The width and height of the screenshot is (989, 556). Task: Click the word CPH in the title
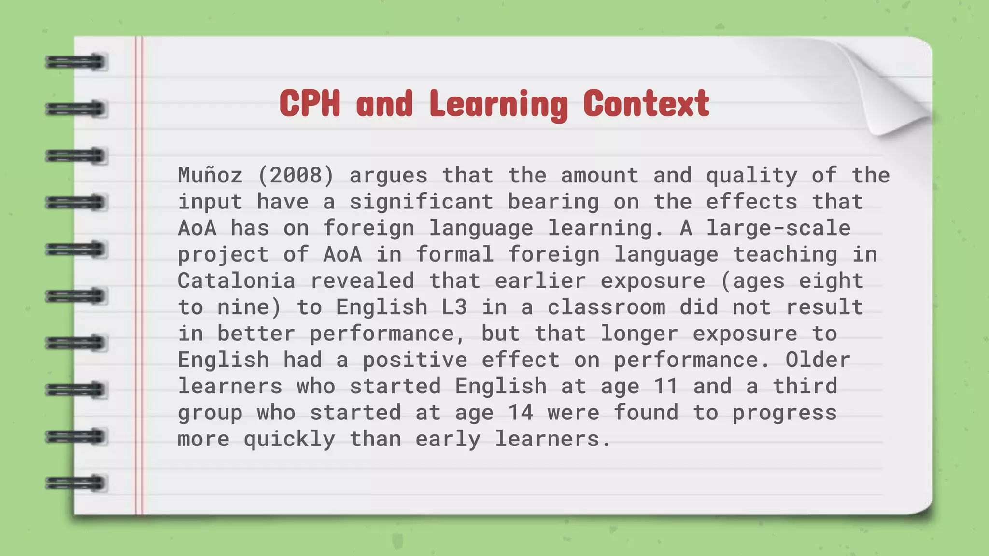(x=310, y=103)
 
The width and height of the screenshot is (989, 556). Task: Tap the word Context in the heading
(x=646, y=103)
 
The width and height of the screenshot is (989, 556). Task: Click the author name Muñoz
(x=210, y=175)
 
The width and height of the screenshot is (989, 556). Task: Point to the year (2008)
(x=296, y=175)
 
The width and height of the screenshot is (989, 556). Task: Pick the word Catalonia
(x=236, y=281)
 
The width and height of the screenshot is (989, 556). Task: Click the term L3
(x=454, y=307)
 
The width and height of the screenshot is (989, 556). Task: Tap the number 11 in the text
(x=666, y=386)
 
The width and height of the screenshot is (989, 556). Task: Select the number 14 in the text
(x=521, y=413)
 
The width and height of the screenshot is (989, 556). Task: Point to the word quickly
(x=289, y=439)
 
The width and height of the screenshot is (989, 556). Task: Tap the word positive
(x=415, y=360)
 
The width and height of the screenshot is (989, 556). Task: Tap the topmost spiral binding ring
(x=76, y=62)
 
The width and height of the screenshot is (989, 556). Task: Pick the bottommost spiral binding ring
(x=76, y=483)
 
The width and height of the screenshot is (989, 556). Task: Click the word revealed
(x=362, y=281)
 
